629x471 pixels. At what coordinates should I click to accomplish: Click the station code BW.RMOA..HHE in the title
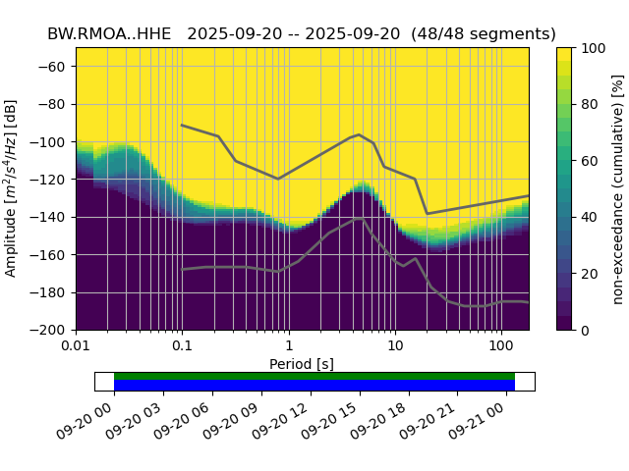click(x=107, y=33)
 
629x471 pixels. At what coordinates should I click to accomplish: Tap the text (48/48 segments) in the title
click(x=481, y=33)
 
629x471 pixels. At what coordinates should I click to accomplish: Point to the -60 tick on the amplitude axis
click(x=53, y=67)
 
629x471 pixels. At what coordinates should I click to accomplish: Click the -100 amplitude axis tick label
click(x=50, y=142)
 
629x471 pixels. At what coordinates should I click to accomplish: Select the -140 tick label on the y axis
click(x=50, y=217)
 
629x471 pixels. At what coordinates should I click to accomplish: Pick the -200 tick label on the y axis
click(x=50, y=331)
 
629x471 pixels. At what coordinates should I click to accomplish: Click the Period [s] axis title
click(x=302, y=364)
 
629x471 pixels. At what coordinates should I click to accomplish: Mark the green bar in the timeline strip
click(x=314, y=376)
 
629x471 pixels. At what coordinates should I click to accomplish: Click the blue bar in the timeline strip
click(x=314, y=386)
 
